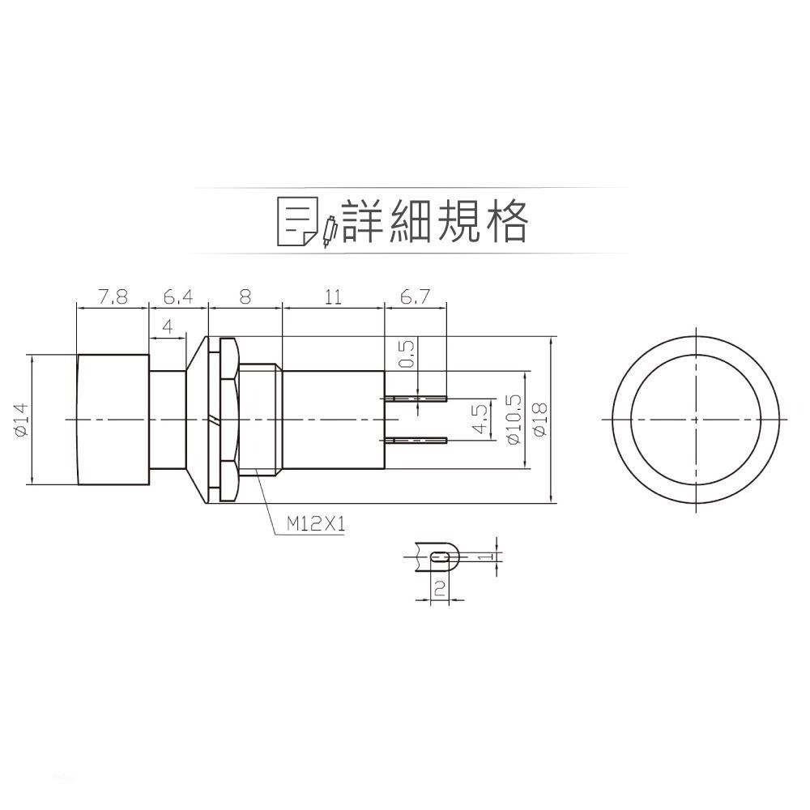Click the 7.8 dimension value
click(113, 297)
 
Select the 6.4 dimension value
click(178, 297)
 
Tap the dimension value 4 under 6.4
click(168, 326)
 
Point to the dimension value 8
click(245, 297)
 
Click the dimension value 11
click(332, 297)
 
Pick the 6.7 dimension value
click(414, 297)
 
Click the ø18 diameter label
click(541, 419)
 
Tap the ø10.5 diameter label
click(511, 419)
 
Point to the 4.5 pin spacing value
click(480, 420)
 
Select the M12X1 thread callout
click(316, 525)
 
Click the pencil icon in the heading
click(330, 231)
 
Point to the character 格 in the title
click(504, 220)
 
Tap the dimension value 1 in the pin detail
click(484, 557)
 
